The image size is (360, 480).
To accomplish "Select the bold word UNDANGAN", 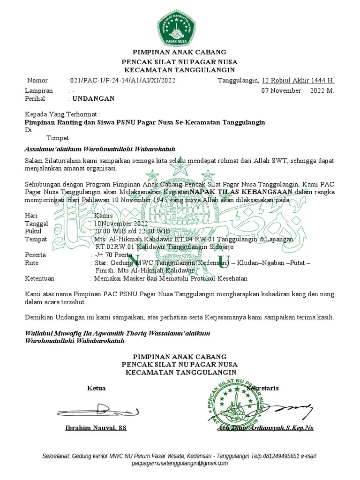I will coord(92,99).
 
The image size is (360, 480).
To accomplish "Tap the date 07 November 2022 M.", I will coord(297,90).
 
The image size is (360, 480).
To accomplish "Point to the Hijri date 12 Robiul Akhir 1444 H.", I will coord(298,81).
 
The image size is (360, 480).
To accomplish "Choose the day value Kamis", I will coord(104,216).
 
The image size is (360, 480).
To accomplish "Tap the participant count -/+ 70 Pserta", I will coord(113,255).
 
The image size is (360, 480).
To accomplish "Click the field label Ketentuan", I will coord(39,278).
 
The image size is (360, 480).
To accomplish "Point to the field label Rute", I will coord(31,263).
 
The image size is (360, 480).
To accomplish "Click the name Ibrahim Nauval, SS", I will coord(96,428).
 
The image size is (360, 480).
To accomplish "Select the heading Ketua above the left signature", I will coord(96,388).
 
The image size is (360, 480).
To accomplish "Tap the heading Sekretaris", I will coord(263,388).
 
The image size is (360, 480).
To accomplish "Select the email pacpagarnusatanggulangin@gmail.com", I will coord(180,463).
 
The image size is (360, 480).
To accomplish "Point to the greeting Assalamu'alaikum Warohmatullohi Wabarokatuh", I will coord(99,150).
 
